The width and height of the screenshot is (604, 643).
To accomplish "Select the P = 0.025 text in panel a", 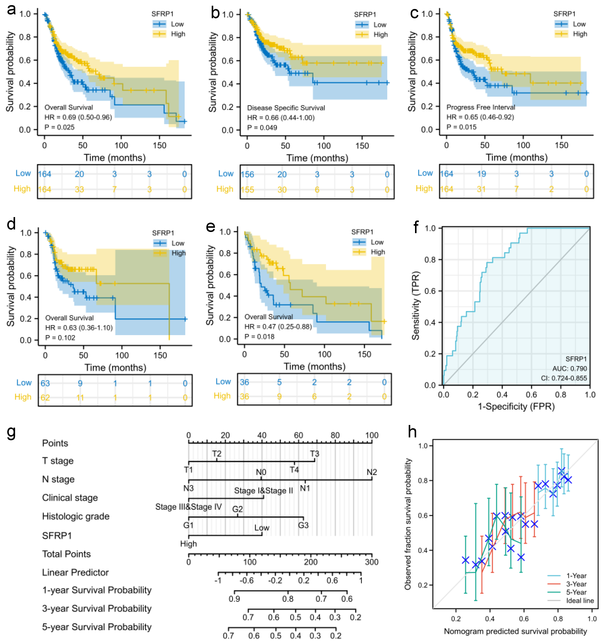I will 59,127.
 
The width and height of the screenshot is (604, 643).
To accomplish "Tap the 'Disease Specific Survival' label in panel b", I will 286,108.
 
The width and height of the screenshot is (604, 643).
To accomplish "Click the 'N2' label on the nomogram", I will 372,472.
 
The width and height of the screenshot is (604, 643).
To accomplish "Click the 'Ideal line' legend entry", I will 580,601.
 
